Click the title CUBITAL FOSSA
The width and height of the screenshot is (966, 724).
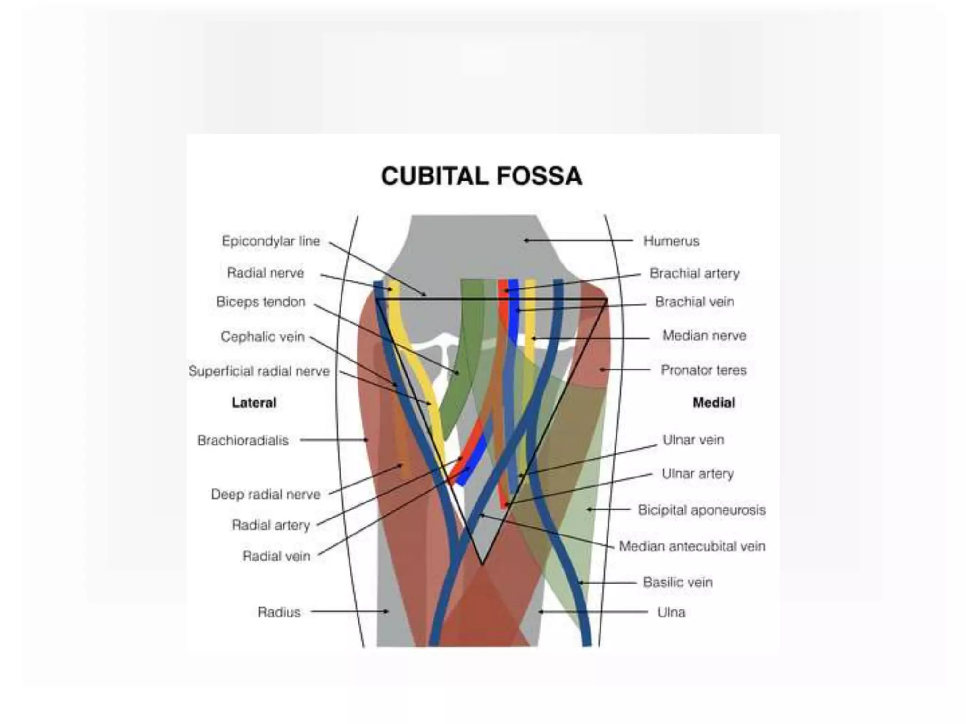pos(482,176)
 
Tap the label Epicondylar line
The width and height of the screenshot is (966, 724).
pos(271,241)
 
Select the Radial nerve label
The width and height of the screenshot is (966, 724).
pos(266,272)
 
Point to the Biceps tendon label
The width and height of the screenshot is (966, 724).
pos(261,302)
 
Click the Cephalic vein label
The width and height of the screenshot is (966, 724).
pos(263,337)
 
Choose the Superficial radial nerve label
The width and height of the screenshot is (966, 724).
pos(259,371)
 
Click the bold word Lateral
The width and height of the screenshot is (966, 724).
pos(254,403)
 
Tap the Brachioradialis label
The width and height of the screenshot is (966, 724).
pos(243,440)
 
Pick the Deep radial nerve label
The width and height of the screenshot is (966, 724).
pos(266,494)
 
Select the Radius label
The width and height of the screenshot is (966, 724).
pos(279,612)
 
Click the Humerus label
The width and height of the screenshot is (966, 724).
pos(671,241)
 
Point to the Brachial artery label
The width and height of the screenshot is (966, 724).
pos(694,273)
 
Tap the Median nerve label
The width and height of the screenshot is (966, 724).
pos(704,336)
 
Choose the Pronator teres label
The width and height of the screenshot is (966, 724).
pos(703,370)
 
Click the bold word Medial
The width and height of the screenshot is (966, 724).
pos(714,403)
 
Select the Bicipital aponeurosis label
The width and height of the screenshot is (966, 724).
pos(701,510)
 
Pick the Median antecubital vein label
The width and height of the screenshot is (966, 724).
pos(692,546)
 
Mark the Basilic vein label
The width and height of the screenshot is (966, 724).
pos(678,582)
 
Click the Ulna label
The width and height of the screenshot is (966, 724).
pos(671,612)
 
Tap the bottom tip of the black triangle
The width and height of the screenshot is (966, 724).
pos(482,563)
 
